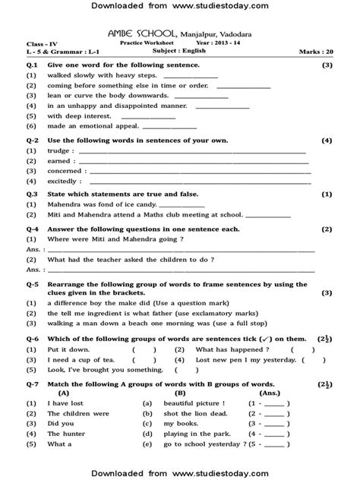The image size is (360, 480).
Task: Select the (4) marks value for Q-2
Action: coord(326,141)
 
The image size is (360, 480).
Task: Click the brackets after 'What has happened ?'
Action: coord(303,349)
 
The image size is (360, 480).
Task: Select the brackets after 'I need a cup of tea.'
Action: coord(143,359)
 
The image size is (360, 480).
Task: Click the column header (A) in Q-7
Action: coord(63,393)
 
